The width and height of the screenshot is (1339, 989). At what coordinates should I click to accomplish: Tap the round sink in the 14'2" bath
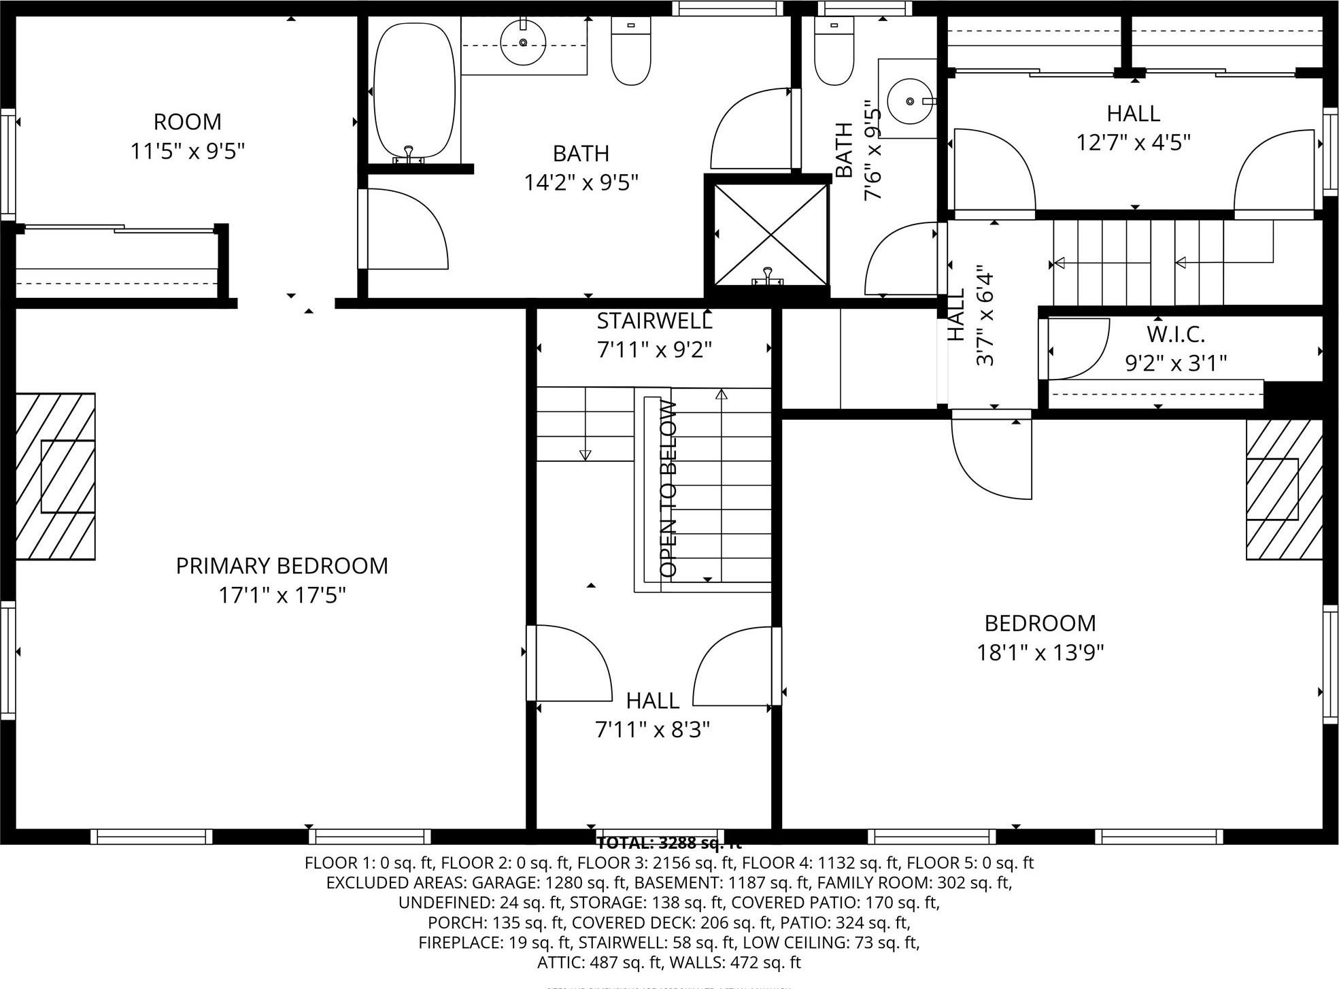click(x=523, y=42)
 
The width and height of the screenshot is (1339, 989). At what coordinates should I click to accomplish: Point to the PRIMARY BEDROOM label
click(x=282, y=566)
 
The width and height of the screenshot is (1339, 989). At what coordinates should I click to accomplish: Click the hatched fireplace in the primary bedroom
click(x=56, y=476)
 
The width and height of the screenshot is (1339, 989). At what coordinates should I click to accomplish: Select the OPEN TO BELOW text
click(x=668, y=489)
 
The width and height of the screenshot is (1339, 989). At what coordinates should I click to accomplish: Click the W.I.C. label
click(x=1175, y=335)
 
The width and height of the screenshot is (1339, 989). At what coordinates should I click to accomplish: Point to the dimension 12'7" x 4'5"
click(x=1133, y=143)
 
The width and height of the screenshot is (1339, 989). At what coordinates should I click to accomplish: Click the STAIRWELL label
click(x=654, y=320)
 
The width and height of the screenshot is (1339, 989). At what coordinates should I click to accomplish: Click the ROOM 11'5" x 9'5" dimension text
click(x=187, y=151)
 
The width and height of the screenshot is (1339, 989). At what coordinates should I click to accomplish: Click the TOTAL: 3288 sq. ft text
click(x=668, y=844)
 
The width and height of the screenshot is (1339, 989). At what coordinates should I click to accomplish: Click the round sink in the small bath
click(x=910, y=101)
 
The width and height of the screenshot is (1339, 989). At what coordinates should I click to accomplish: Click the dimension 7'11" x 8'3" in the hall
click(x=652, y=730)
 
